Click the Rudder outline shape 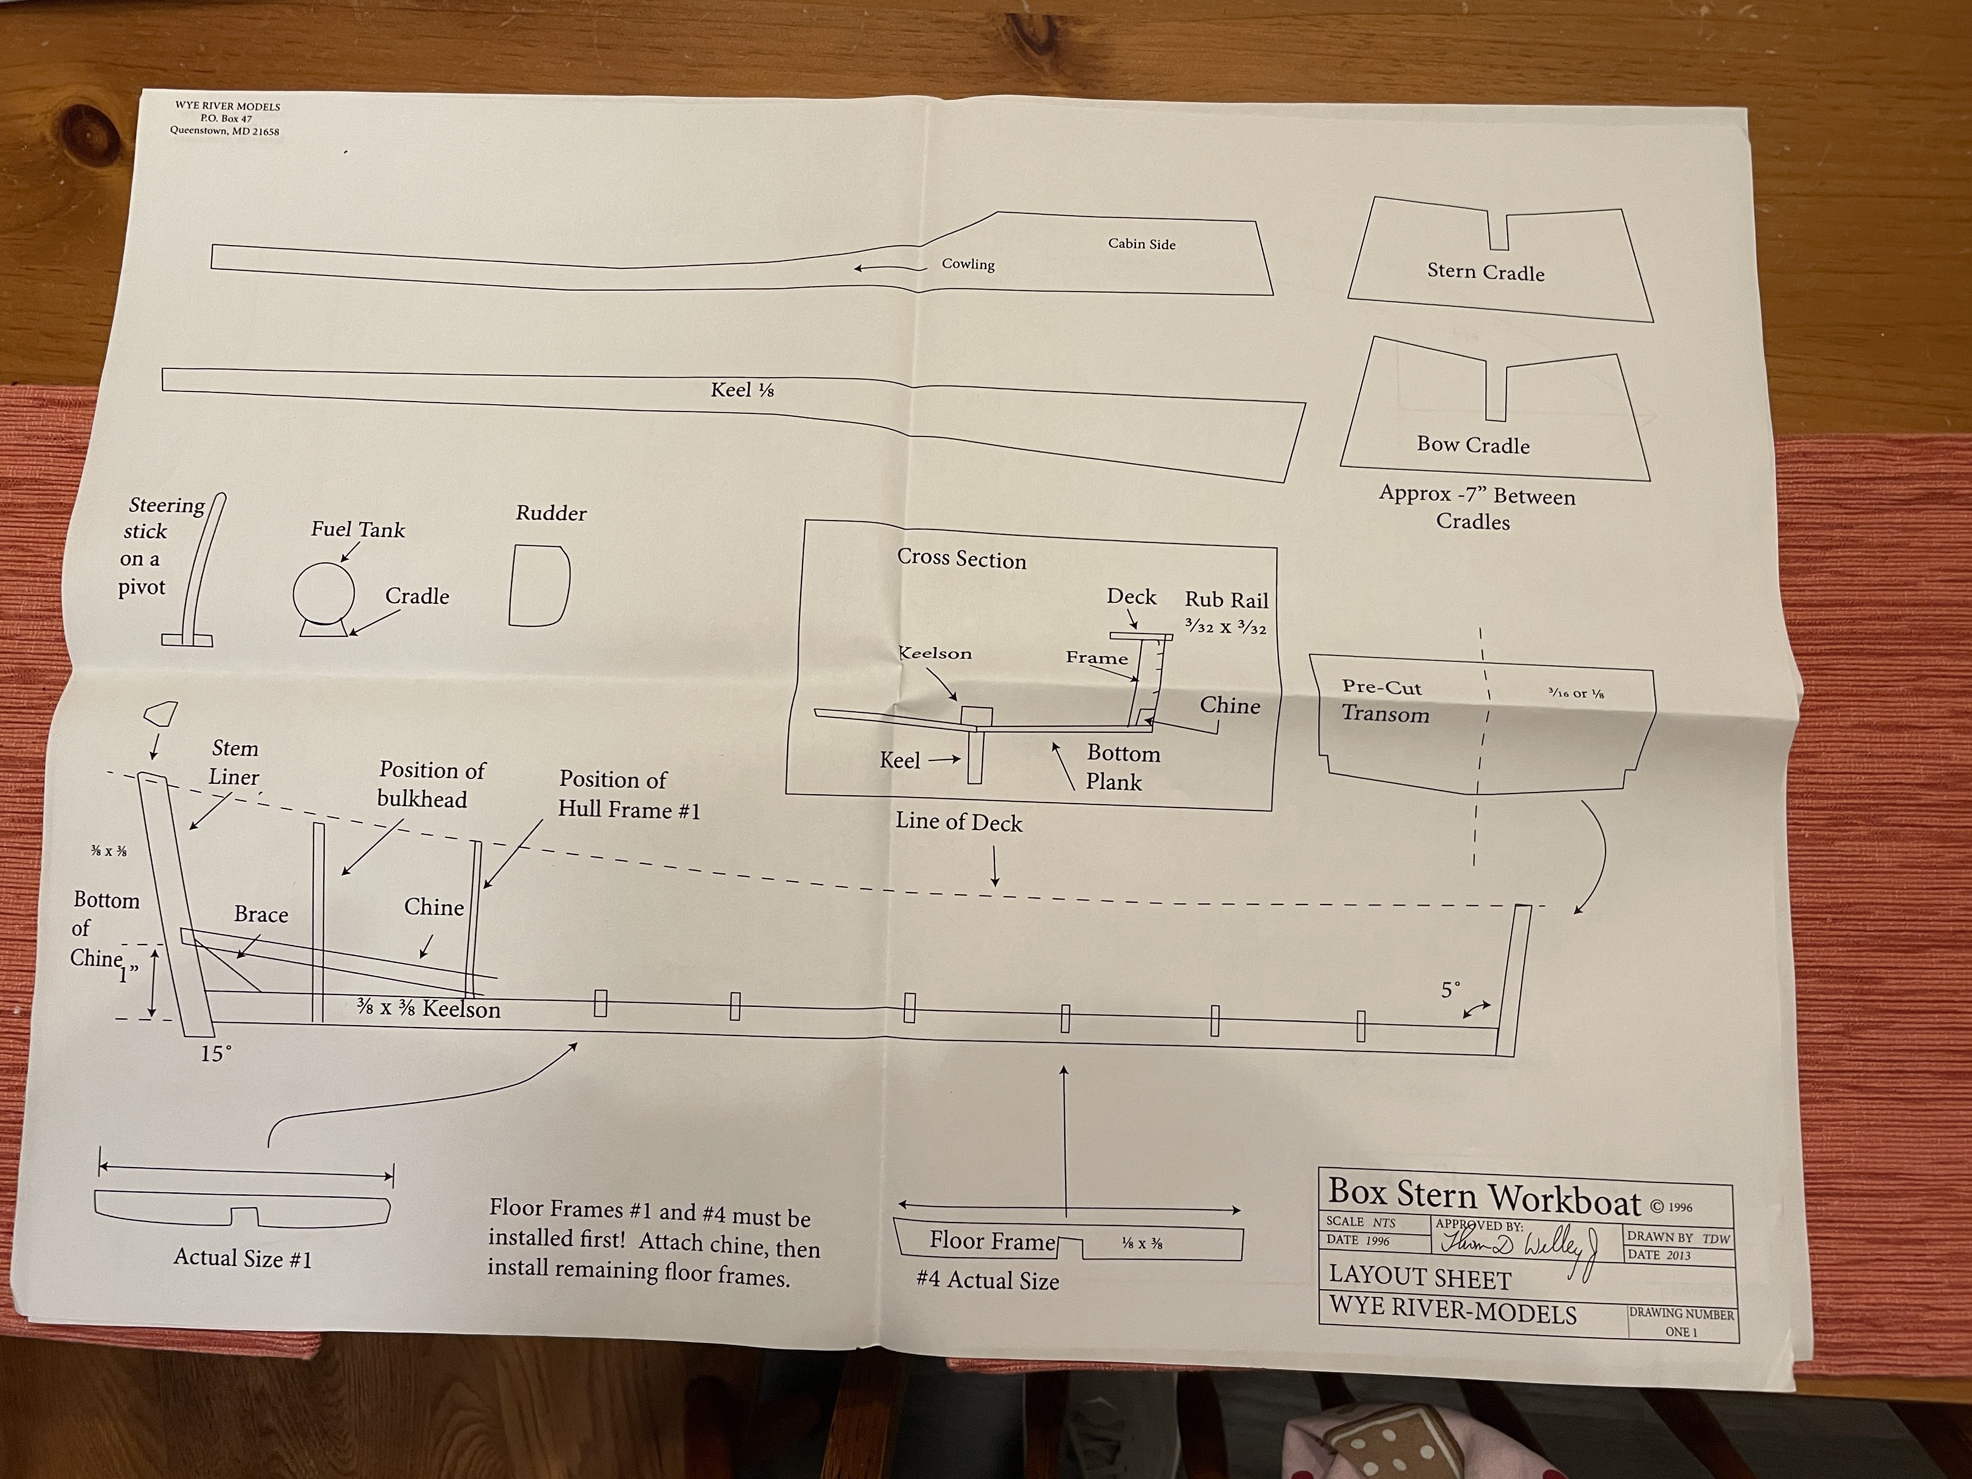point(539,585)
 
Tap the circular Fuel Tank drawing point(324,592)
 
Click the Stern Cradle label point(1485,273)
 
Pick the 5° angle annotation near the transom point(1451,990)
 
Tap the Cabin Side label point(1141,243)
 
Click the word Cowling point(968,264)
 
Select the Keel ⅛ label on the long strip point(742,389)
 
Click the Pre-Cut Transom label point(1384,701)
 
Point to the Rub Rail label point(1226,600)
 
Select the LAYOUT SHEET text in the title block point(1419,1277)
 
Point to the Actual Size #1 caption point(243,1258)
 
